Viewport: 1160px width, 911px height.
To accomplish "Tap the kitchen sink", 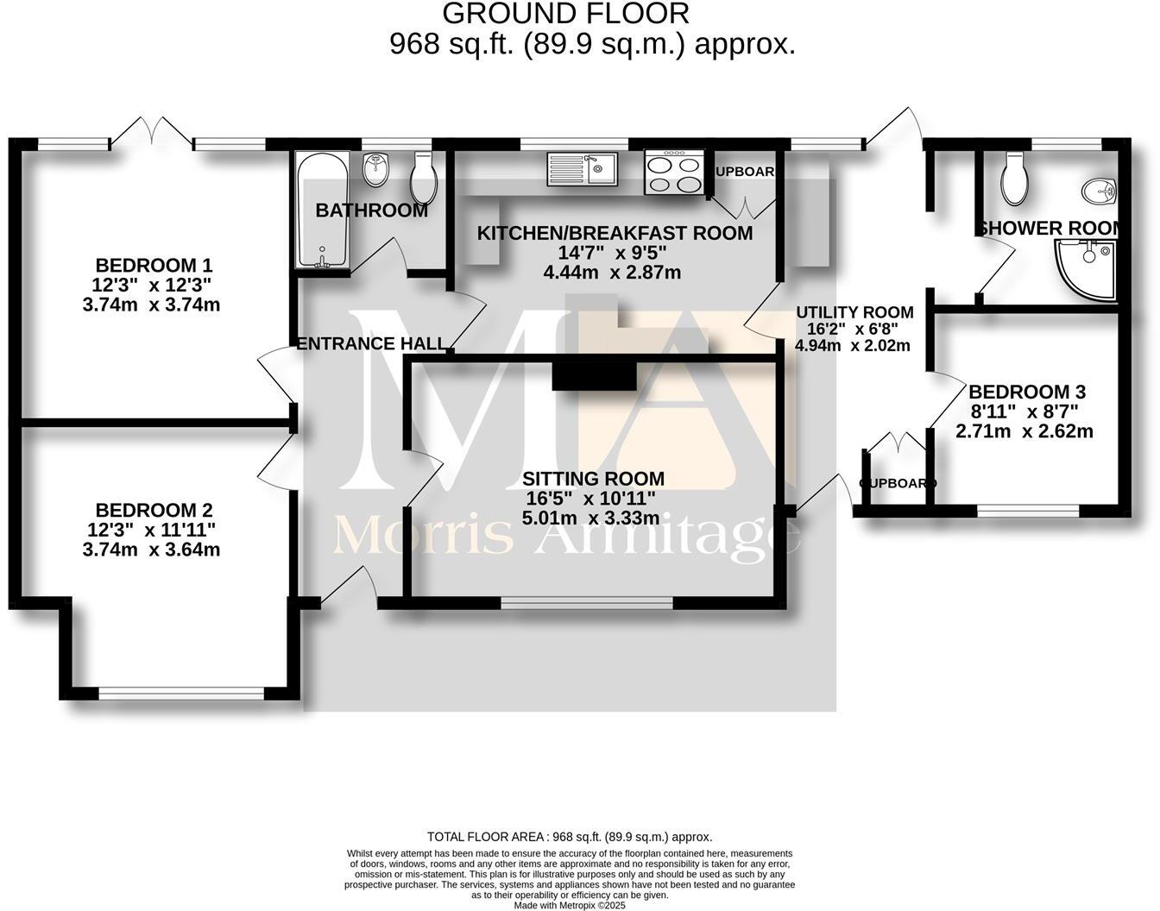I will (x=582, y=168).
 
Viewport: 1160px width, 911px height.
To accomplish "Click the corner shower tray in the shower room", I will (x=1084, y=269).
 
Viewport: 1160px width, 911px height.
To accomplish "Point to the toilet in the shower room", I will (x=1013, y=177).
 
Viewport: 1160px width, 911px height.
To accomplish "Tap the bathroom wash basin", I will (x=375, y=170).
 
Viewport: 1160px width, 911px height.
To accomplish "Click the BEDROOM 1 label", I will (x=154, y=265).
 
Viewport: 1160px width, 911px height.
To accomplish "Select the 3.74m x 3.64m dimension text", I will (x=151, y=550).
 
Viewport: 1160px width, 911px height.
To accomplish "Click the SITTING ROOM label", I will (x=593, y=479).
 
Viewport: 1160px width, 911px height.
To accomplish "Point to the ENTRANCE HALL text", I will (x=372, y=343).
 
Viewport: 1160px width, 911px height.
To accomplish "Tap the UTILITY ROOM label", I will (x=854, y=312).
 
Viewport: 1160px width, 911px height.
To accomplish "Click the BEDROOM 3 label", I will (x=1026, y=392).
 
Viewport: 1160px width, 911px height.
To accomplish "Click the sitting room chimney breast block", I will (x=594, y=377).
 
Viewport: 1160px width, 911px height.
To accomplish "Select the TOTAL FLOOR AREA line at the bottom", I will (x=570, y=837).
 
